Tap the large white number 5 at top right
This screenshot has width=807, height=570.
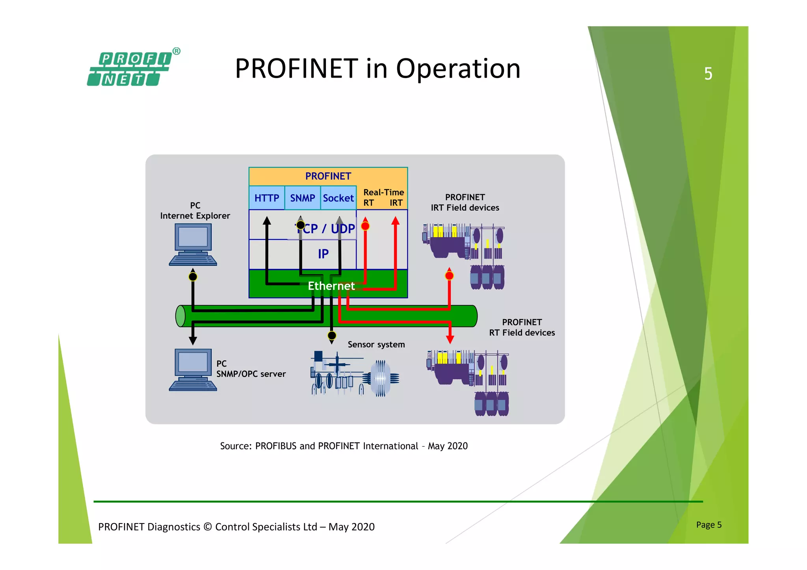coord(708,74)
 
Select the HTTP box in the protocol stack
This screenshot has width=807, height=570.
coord(266,198)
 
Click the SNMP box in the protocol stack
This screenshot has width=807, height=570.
coord(302,198)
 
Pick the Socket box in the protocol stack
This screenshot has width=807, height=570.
coord(338,198)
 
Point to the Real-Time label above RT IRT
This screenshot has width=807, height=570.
coord(383,192)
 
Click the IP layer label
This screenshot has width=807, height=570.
coord(323,254)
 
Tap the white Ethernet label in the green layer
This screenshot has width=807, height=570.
coord(331,286)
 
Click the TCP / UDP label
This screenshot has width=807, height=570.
coord(327,228)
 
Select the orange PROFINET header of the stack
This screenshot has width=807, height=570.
coord(328,176)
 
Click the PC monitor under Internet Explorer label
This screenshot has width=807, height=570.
coord(193,244)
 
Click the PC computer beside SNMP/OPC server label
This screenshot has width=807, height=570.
coord(193,369)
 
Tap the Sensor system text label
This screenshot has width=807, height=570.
coord(376,344)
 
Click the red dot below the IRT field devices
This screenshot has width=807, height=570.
coord(449,275)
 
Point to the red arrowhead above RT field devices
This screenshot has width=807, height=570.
coord(450,339)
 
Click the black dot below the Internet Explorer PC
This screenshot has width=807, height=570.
coord(193,277)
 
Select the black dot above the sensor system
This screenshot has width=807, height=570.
coord(332,335)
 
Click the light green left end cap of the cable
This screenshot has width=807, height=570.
coord(180,316)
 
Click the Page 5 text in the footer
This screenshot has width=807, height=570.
coord(708,524)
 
